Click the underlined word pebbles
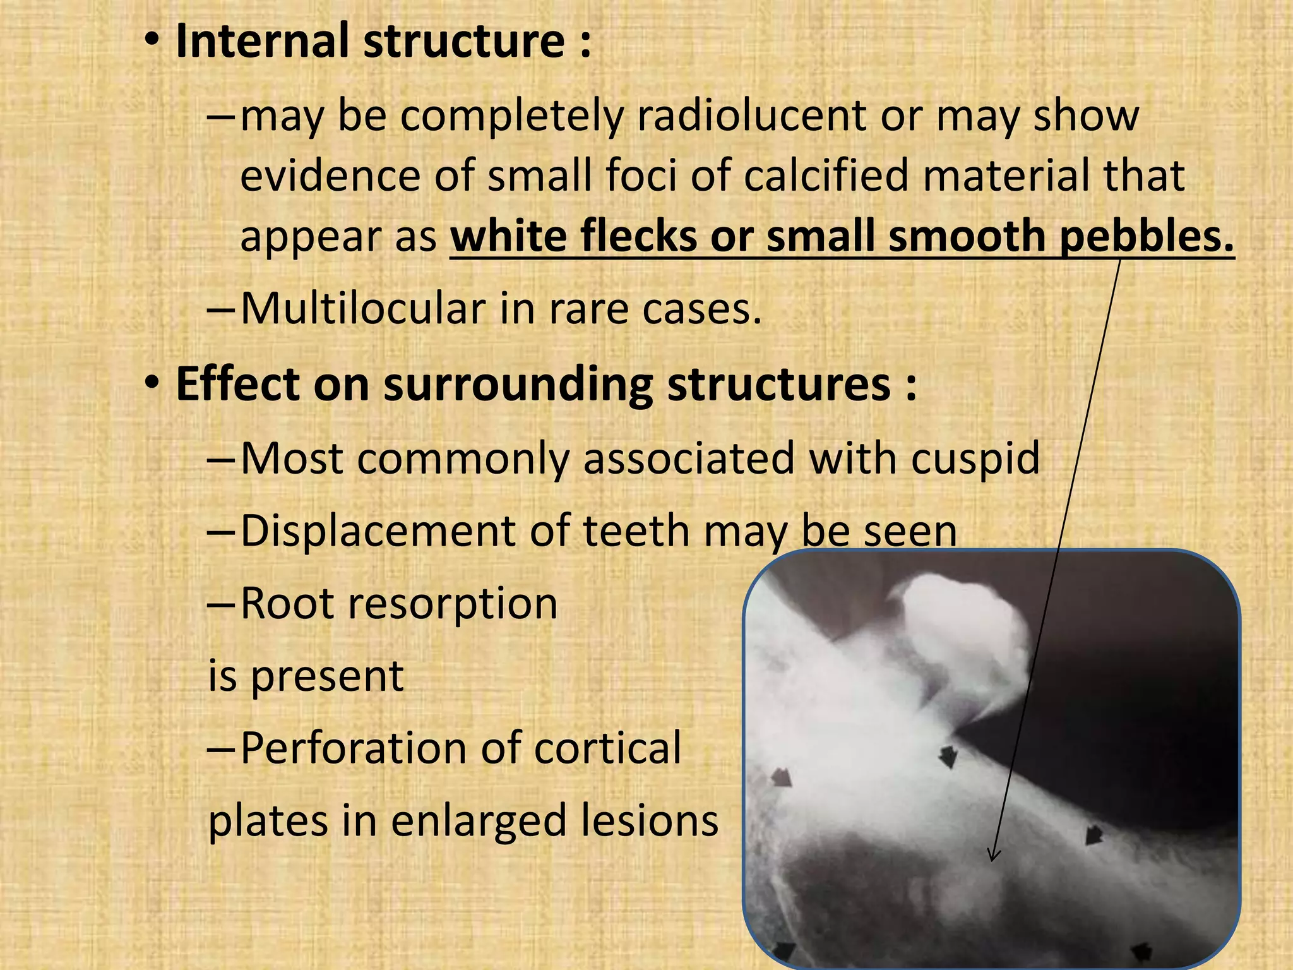(1146, 236)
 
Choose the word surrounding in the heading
(518, 385)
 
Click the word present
(327, 676)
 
